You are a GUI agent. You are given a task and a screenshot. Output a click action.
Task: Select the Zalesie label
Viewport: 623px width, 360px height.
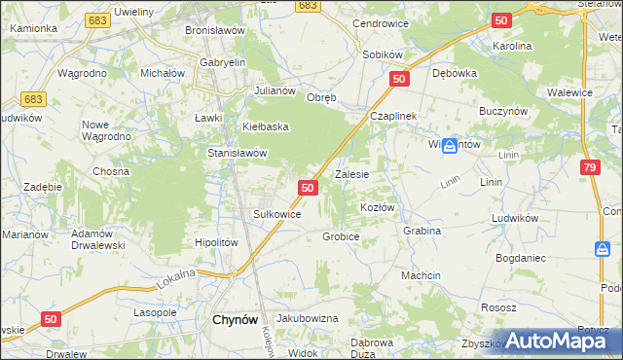coord(351,175)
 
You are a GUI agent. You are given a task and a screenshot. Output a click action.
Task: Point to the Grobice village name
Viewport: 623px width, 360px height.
coord(341,236)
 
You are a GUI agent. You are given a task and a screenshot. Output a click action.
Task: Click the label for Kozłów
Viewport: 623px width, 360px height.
coord(377,208)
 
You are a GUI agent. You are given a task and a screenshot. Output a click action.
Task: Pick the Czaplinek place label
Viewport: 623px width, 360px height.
coord(393,116)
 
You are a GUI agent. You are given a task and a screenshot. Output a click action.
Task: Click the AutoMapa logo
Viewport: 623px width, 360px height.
coord(558,341)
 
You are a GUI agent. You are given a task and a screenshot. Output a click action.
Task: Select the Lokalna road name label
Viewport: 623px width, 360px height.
coord(176,280)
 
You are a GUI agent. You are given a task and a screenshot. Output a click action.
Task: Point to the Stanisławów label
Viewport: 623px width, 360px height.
coord(237,153)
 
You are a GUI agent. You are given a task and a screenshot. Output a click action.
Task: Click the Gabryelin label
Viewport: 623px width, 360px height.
coord(222,62)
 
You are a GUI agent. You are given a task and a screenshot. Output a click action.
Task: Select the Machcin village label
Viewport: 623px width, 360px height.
coord(421,276)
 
